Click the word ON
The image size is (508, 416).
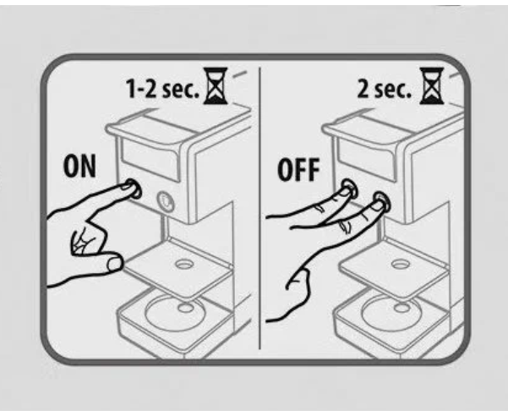click(x=79, y=167)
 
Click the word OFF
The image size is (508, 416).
click(x=298, y=169)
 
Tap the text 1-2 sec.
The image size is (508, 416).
click(x=162, y=88)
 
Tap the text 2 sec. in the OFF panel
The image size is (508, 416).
click(x=384, y=89)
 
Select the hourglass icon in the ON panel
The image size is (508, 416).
click(x=216, y=86)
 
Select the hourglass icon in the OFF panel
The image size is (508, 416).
click(x=432, y=86)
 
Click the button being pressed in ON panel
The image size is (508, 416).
click(x=134, y=189)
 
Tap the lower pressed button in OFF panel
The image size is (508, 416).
click(x=381, y=201)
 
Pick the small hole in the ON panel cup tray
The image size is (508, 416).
click(x=184, y=265)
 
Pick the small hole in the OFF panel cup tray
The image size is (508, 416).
click(x=400, y=265)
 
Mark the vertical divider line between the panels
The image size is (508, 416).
click(x=259, y=208)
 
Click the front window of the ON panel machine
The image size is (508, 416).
click(x=150, y=160)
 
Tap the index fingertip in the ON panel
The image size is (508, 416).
click(x=128, y=187)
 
